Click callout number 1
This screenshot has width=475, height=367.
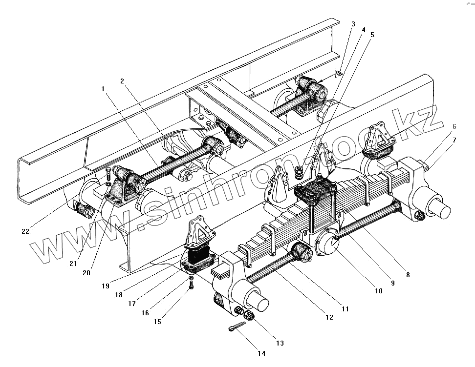pos(103,88)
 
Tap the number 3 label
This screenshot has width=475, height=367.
pos(353,24)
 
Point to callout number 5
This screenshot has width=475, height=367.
pos(372,35)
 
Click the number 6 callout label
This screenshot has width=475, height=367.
pos(454,126)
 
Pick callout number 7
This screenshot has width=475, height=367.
pos(454,141)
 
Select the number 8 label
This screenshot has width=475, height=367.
pos(408,275)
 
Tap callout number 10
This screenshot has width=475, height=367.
pos(378,291)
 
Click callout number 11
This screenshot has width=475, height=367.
pos(345,309)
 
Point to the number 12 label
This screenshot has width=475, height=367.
pos(329,317)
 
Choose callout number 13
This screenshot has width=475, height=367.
pos(280,343)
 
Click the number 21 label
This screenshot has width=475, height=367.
pos(73,263)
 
